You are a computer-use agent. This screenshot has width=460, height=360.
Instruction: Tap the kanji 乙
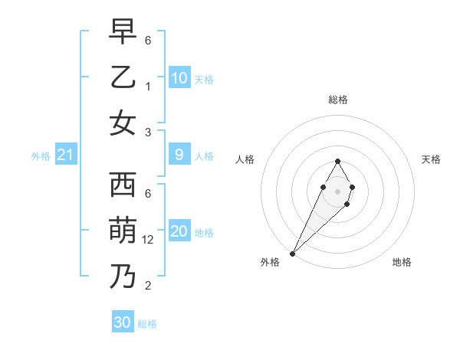123,79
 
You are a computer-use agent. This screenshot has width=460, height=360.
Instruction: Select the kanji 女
123,123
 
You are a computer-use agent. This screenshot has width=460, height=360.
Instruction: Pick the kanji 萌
123,231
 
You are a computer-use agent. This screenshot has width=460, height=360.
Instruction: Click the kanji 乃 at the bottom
123,277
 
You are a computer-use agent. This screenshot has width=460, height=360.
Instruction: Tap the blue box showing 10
179,78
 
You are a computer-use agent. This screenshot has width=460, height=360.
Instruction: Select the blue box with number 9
179,155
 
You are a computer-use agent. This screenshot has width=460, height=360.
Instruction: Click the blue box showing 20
179,231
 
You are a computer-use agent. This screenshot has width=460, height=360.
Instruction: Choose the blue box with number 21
65,155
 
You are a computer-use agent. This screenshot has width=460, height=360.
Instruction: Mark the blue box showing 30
123,322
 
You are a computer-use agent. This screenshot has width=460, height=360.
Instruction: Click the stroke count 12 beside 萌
148,240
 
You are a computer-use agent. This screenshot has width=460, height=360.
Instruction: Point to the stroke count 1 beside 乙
148,87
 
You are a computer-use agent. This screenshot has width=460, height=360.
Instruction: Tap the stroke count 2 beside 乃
148,286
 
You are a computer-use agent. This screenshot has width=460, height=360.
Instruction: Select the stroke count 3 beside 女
148,132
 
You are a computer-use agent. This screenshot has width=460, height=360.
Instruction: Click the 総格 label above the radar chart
337,100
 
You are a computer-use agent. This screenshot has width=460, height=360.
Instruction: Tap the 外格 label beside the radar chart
270,262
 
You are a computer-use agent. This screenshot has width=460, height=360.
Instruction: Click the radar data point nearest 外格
293,253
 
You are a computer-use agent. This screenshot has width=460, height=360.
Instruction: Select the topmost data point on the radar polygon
337,161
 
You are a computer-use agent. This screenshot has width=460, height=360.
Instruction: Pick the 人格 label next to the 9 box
204,156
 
